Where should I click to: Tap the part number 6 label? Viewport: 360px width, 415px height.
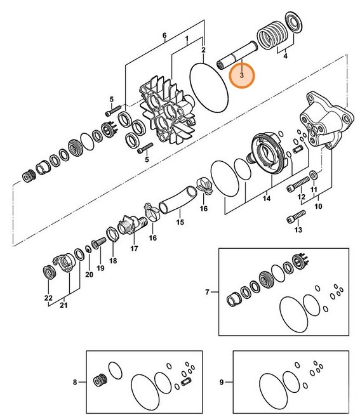(164, 36)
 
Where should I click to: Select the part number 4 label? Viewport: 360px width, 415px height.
(285, 56)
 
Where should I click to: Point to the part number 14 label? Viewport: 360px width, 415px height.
(267, 198)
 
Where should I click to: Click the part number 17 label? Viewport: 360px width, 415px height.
(135, 249)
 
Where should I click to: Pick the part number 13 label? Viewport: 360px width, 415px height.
(298, 230)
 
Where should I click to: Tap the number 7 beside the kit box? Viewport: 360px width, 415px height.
(208, 292)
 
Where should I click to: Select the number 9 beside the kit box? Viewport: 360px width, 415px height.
(222, 382)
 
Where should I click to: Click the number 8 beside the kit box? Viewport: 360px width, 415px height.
(75, 382)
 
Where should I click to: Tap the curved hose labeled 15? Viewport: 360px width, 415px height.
(178, 200)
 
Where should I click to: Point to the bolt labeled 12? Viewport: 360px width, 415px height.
(298, 184)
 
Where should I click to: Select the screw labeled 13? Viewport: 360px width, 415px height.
(296, 216)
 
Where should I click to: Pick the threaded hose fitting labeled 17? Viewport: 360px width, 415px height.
(132, 225)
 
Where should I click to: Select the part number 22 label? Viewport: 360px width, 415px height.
(48, 298)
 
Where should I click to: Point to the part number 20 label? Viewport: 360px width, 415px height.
(90, 275)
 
